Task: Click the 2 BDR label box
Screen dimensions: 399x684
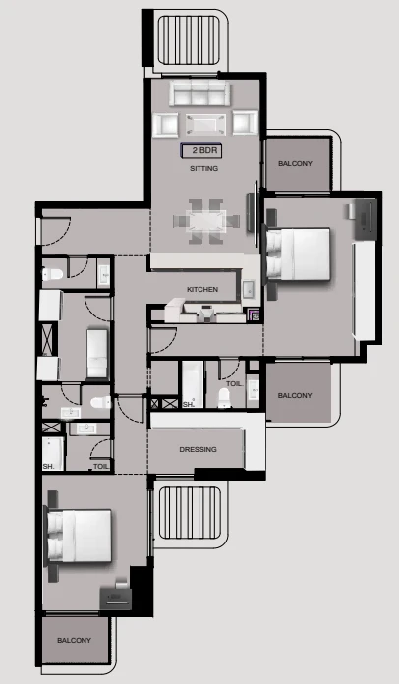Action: [x=201, y=151]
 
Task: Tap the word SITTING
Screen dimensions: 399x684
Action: [x=203, y=168]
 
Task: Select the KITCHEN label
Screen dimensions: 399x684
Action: [x=202, y=290]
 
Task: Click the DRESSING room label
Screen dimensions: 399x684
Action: [x=198, y=449]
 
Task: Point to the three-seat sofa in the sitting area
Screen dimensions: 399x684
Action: [x=199, y=92]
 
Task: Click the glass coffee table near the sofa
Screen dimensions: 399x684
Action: [x=205, y=125]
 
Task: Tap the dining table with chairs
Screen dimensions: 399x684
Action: [x=206, y=221]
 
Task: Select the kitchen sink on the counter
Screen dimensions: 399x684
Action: [x=248, y=289]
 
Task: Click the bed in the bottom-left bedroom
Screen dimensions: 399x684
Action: [x=79, y=536]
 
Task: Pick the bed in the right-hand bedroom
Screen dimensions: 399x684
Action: [x=298, y=254]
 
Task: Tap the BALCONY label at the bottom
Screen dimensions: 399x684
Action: [x=74, y=640]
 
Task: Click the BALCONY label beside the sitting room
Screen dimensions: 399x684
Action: [x=295, y=163]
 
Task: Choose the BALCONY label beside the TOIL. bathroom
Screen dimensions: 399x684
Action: [x=295, y=396]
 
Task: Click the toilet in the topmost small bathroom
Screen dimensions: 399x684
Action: [x=53, y=274]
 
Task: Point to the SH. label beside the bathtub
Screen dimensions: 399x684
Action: [x=189, y=404]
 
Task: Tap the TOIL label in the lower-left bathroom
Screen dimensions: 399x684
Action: [x=100, y=467]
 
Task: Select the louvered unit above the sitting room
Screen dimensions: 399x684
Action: [x=189, y=39]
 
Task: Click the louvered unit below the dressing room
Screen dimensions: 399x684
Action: [x=190, y=513]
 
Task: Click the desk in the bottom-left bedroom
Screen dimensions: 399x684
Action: [x=116, y=598]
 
